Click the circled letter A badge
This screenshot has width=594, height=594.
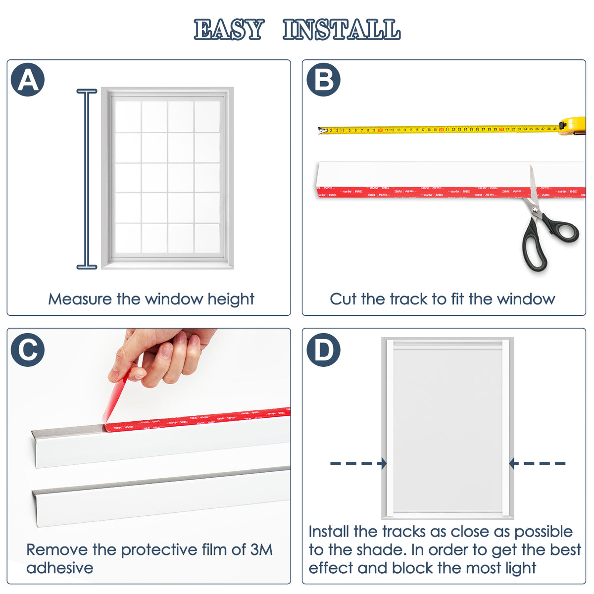click(x=28, y=79)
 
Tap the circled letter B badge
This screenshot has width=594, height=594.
click(x=323, y=79)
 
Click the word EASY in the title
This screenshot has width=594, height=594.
click(x=229, y=30)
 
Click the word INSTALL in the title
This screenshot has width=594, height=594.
click(x=342, y=30)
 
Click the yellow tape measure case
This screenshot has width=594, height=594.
click(x=573, y=126)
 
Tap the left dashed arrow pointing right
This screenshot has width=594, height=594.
click(x=358, y=463)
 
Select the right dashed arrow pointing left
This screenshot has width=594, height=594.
click(x=538, y=463)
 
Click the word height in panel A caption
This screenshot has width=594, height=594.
click(x=231, y=299)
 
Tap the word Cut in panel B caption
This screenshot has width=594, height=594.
click(x=343, y=299)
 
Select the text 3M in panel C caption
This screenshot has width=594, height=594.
click(x=261, y=549)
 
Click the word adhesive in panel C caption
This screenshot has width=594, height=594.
click(x=60, y=568)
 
